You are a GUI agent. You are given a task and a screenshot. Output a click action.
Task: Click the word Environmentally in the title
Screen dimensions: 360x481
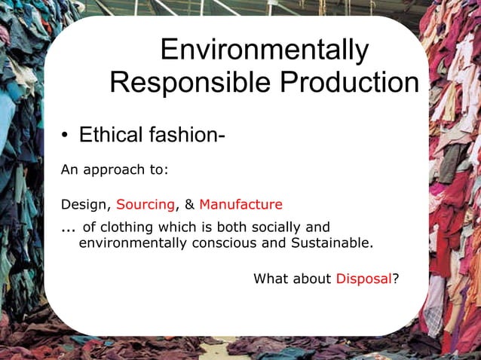(x=265, y=50)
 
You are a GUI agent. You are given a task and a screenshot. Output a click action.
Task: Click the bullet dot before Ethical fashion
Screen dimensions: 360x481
(x=66, y=136)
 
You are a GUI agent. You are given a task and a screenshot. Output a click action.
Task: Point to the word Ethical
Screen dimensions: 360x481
(x=111, y=136)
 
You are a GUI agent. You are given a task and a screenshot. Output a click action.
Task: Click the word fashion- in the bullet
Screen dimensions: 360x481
(x=187, y=136)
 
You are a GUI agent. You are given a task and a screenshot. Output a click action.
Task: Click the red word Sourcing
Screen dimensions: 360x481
(x=146, y=205)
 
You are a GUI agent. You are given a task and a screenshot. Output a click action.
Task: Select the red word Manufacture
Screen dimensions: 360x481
(x=240, y=205)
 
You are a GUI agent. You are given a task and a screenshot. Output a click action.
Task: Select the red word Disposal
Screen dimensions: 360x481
(x=363, y=279)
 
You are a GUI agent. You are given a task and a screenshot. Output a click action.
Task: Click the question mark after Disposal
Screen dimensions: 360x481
(x=396, y=279)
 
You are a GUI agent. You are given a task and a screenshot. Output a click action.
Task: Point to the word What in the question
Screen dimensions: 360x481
(x=271, y=279)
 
